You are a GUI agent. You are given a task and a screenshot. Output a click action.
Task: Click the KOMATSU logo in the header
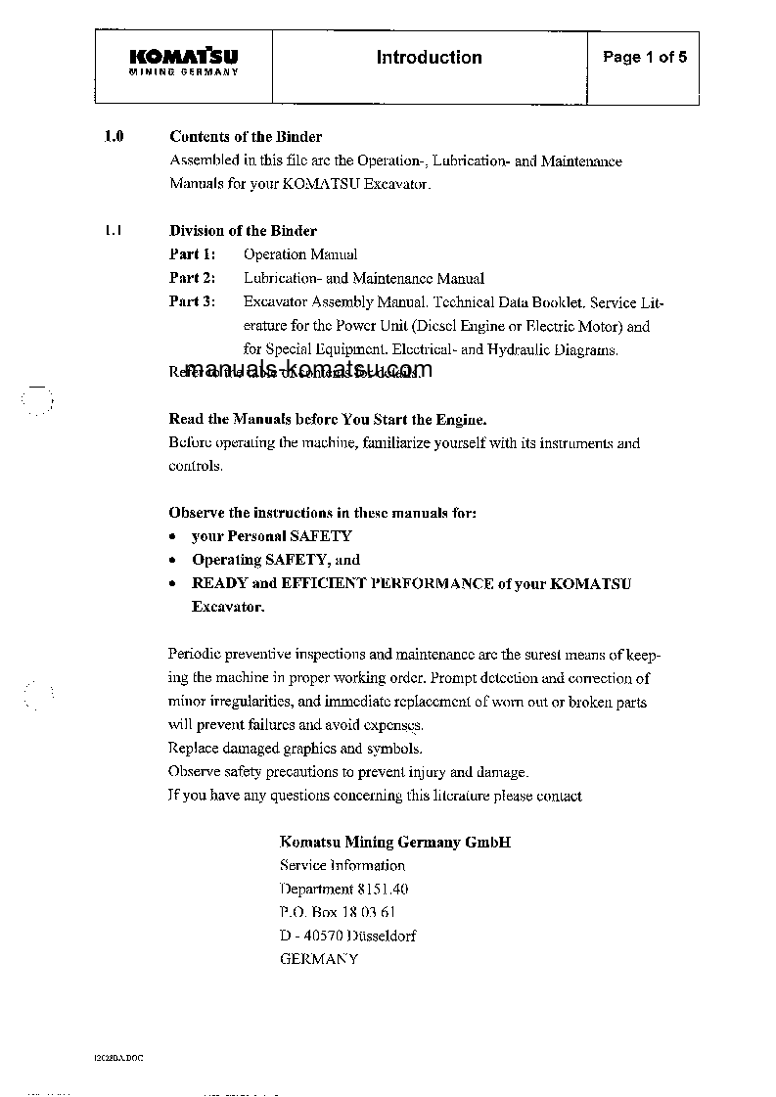184,61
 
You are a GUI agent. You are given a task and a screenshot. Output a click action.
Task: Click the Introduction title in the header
429,58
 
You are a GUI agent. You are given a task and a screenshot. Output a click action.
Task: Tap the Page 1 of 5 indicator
644,58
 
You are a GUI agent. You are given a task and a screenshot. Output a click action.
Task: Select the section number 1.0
114,137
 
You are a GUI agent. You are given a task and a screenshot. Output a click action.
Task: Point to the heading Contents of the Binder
246,137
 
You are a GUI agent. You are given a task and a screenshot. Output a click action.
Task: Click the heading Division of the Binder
243,231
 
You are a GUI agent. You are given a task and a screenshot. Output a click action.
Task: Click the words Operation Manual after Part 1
300,254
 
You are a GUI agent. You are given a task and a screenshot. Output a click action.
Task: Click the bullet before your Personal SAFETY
172,537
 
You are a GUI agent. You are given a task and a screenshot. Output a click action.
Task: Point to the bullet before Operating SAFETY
172,561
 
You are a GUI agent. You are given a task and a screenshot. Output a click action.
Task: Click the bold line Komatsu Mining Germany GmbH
395,842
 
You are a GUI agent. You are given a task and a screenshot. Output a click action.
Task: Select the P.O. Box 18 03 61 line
338,912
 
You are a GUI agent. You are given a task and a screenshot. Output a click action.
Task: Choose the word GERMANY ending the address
319,959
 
